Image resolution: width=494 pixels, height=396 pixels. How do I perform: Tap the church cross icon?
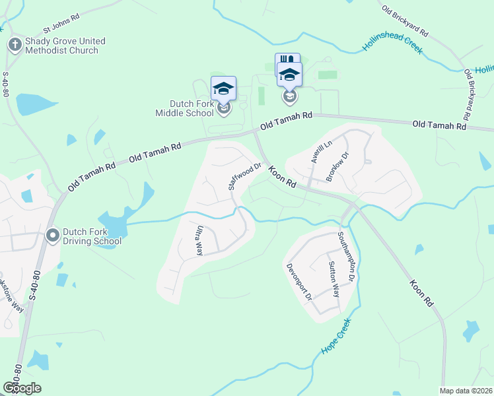point(15,44)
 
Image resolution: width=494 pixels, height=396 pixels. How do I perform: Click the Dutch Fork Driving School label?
point(92,236)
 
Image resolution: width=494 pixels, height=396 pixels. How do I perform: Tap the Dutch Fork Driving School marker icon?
point(52,235)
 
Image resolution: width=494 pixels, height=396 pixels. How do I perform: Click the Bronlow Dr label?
point(338,166)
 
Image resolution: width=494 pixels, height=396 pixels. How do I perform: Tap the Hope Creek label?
point(335,337)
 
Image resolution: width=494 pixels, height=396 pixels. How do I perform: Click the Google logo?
point(22,387)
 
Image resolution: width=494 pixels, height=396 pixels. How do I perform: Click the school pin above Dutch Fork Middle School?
point(223,88)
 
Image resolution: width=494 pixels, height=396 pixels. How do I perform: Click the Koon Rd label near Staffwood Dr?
point(281,176)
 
